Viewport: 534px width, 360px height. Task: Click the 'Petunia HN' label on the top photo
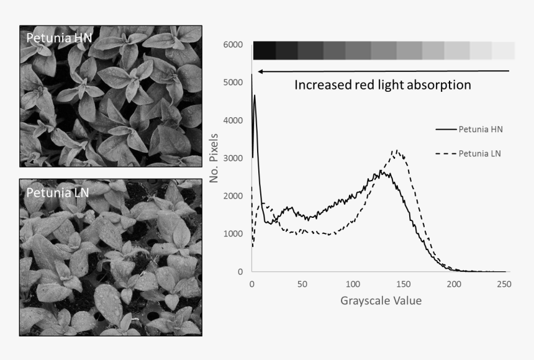[x=58, y=38]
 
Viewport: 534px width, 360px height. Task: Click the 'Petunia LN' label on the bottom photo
[x=57, y=192]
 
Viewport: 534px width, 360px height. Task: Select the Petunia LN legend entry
[x=480, y=153]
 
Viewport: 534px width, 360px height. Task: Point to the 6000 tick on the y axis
[x=233, y=45]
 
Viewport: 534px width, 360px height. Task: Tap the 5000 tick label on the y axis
[x=233, y=83]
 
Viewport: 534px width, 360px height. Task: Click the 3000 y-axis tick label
[x=233, y=158]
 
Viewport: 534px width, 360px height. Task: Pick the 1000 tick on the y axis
[x=233, y=234]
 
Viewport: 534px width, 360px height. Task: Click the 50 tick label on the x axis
[x=302, y=284]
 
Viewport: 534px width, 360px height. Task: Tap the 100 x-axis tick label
[x=353, y=284]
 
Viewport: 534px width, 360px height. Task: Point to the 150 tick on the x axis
[x=404, y=284]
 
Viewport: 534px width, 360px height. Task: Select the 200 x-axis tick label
[x=455, y=284]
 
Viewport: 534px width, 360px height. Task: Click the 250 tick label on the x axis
[x=505, y=284]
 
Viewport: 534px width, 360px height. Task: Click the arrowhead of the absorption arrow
[x=261, y=71]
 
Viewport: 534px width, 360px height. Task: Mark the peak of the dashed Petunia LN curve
[x=396, y=150]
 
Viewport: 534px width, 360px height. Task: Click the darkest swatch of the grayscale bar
[x=264, y=50]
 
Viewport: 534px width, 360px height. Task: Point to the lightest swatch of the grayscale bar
[x=504, y=50]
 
